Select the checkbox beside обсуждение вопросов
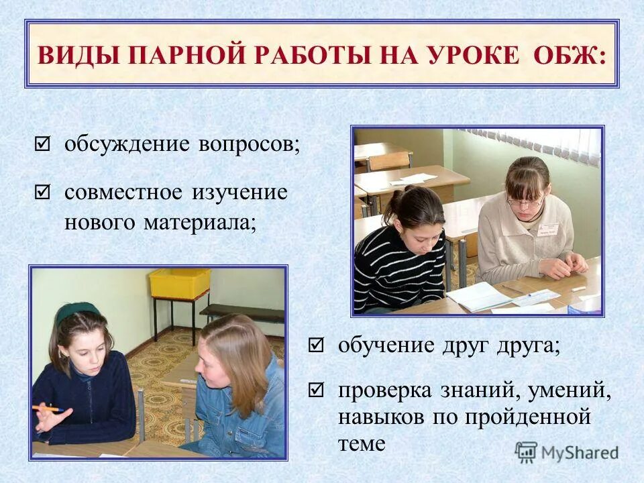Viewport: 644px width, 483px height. point(42,144)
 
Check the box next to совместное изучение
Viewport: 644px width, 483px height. point(42,193)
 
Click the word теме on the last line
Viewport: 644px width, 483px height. point(362,443)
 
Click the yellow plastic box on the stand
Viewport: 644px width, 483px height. point(179,283)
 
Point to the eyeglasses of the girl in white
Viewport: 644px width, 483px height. point(525,201)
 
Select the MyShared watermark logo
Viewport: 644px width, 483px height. point(568,451)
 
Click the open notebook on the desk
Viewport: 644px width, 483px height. point(481,295)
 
